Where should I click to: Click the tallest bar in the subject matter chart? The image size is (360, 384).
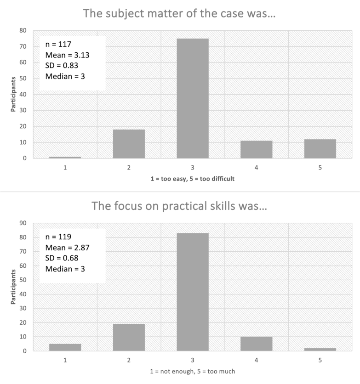coord(192,98)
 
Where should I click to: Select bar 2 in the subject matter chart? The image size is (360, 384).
coord(129,144)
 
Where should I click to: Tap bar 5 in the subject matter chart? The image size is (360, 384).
coord(320,149)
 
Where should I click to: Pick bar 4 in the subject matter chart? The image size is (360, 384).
coord(256,150)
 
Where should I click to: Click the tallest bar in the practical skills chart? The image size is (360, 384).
coord(192,292)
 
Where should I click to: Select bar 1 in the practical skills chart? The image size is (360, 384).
coord(65,347)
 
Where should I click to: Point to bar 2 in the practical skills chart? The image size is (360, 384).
coord(129,337)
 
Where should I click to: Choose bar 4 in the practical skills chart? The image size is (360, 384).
coord(256,344)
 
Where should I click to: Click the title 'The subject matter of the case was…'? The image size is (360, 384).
coord(180,14)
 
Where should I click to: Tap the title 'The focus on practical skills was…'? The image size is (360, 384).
coord(180,206)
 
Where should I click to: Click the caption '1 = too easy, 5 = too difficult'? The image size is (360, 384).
coord(192,179)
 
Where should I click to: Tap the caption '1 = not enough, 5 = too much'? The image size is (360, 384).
coord(192,371)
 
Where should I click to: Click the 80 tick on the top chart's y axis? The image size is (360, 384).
coord(23,30)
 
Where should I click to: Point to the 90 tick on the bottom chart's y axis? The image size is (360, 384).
coord(23,223)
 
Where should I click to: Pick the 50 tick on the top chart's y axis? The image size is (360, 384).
coord(23,79)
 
